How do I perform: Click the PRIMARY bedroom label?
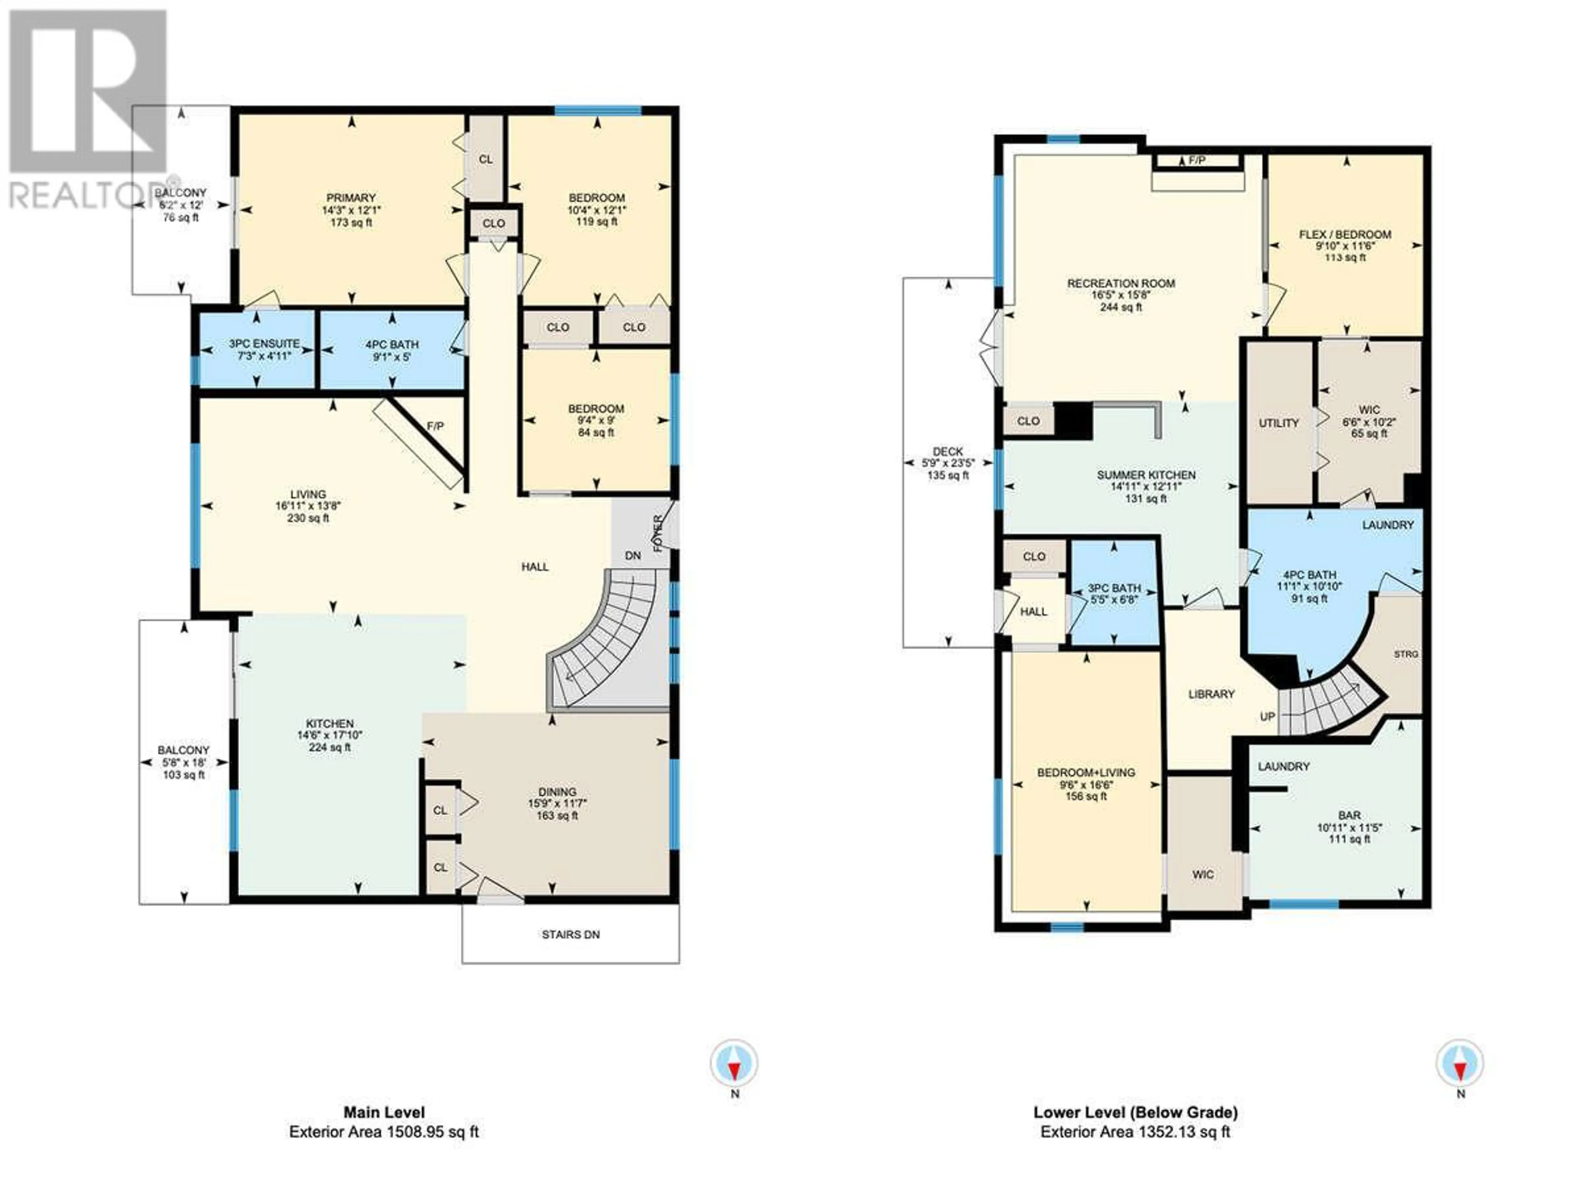tap(351, 198)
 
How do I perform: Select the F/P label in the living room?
tap(435, 426)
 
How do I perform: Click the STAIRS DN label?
tap(570, 934)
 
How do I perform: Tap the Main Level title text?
tap(385, 1112)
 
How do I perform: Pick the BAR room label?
tap(1350, 815)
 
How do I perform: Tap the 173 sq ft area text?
tap(351, 222)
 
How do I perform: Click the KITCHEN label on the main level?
tap(330, 724)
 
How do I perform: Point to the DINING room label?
tap(557, 791)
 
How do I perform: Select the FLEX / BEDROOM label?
tap(1345, 234)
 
